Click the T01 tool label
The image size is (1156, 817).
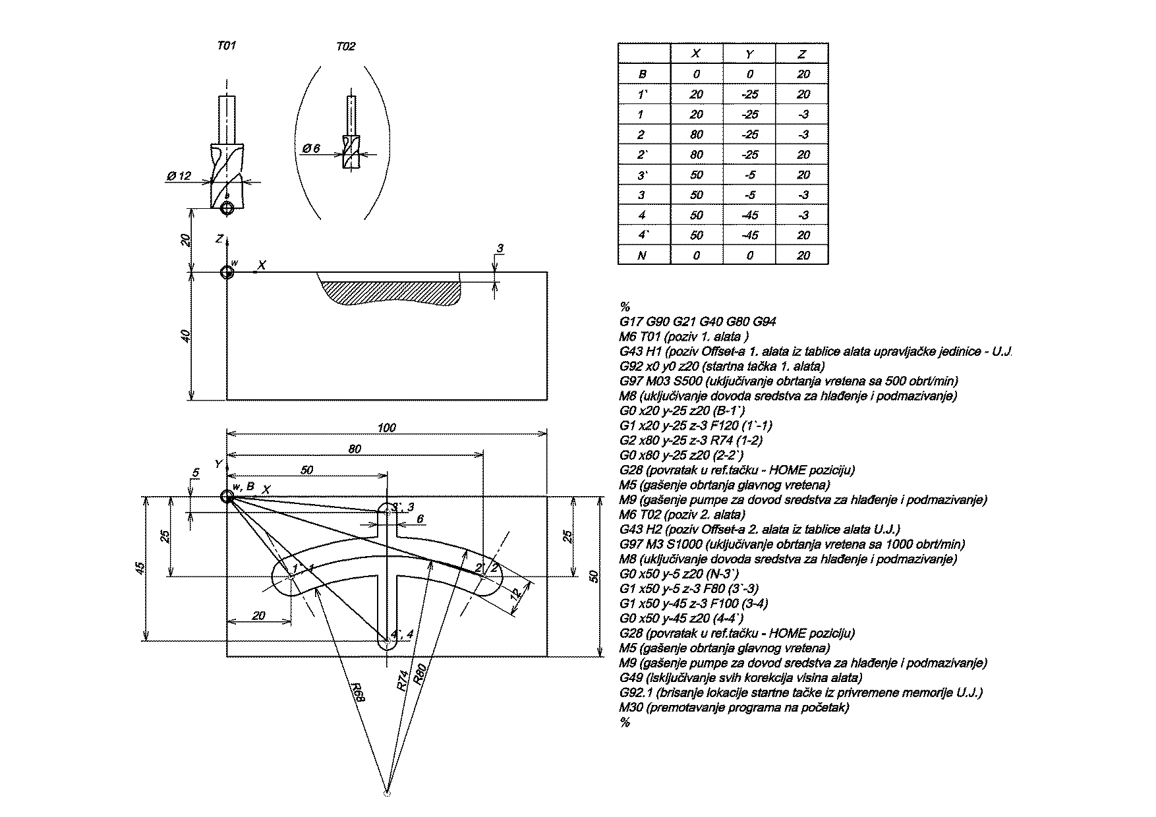click(226, 46)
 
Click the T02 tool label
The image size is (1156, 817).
click(345, 46)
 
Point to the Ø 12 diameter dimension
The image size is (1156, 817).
click(179, 176)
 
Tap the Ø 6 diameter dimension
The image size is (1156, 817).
click(311, 149)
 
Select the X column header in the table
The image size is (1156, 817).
click(696, 54)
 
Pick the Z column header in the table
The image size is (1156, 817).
click(802, 54)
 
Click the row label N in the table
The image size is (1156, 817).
click(643, 255)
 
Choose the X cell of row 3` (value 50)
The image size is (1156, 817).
click(696, 175)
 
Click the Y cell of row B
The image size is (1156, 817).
click(749, 74)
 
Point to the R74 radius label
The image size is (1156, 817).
click(403, 679)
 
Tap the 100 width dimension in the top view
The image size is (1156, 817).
click(387, 428)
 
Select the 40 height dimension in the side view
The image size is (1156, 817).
click(187, 335)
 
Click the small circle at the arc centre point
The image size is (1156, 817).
click(387, 793)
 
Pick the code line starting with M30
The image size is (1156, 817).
click(734, 708)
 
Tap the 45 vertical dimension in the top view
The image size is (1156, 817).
click(140, 567)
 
